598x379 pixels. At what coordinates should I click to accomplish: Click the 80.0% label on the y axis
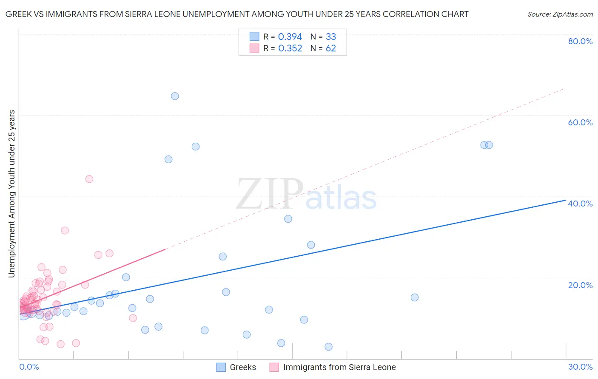[580, 41]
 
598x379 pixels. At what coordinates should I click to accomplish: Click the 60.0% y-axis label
[580, 122]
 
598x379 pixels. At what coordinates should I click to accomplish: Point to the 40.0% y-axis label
[580, 204]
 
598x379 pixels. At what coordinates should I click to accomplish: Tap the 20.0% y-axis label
[580, 285]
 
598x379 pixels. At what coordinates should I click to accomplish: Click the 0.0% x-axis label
[29, 367]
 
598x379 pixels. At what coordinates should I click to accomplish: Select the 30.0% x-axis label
[580, 367]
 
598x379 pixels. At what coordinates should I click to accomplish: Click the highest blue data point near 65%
[175, 96]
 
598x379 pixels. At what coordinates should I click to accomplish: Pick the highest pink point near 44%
[89, 179]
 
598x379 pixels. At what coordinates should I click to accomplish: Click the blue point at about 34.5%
[288, 219]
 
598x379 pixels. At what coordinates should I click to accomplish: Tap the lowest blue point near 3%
[328, 347]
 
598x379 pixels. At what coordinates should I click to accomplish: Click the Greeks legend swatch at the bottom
[221, 367]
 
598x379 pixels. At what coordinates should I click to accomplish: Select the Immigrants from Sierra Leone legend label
[339, 367]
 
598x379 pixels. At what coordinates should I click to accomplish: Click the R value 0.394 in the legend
[290, 37]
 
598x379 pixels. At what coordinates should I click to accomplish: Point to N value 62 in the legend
[331, 48]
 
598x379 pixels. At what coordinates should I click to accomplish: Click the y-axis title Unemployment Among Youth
[11, 194]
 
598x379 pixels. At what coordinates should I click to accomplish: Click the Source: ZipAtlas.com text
[560, 14]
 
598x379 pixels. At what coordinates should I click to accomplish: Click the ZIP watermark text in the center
[270, 195]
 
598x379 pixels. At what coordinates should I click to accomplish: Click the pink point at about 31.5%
[65, 230]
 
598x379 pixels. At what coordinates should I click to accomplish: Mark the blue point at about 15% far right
[415, 297]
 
